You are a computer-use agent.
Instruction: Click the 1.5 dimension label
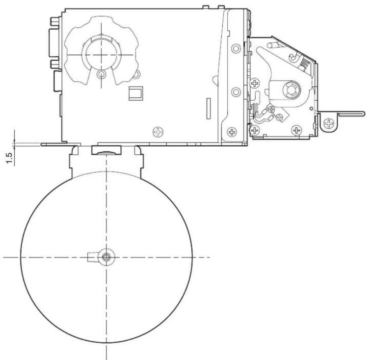point(9,158)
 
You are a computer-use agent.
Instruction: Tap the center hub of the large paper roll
point(107,257)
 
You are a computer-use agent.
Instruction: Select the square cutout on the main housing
point(136,93)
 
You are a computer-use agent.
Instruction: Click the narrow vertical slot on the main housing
point(208,108)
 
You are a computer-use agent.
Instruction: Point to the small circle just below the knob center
point(101,74)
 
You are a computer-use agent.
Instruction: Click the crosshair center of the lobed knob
point(101,55)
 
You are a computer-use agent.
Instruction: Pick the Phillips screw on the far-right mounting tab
point(329,123)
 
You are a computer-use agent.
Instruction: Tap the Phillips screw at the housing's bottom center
point(158,132)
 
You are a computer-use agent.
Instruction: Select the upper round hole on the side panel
point(236,49)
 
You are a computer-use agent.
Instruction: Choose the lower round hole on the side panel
point(236,92)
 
